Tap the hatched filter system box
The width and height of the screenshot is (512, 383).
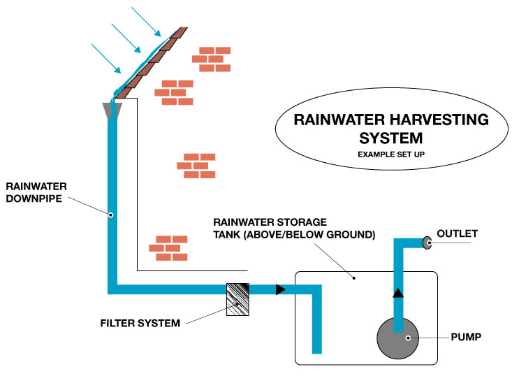[x=238, y=298]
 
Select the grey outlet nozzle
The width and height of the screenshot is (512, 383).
[x=425, y=243]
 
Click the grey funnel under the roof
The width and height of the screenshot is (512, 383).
[x=111, y=110]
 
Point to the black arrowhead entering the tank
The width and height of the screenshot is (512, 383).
[x=280, y=289]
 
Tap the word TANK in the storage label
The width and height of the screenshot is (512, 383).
[x=228, y=235]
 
